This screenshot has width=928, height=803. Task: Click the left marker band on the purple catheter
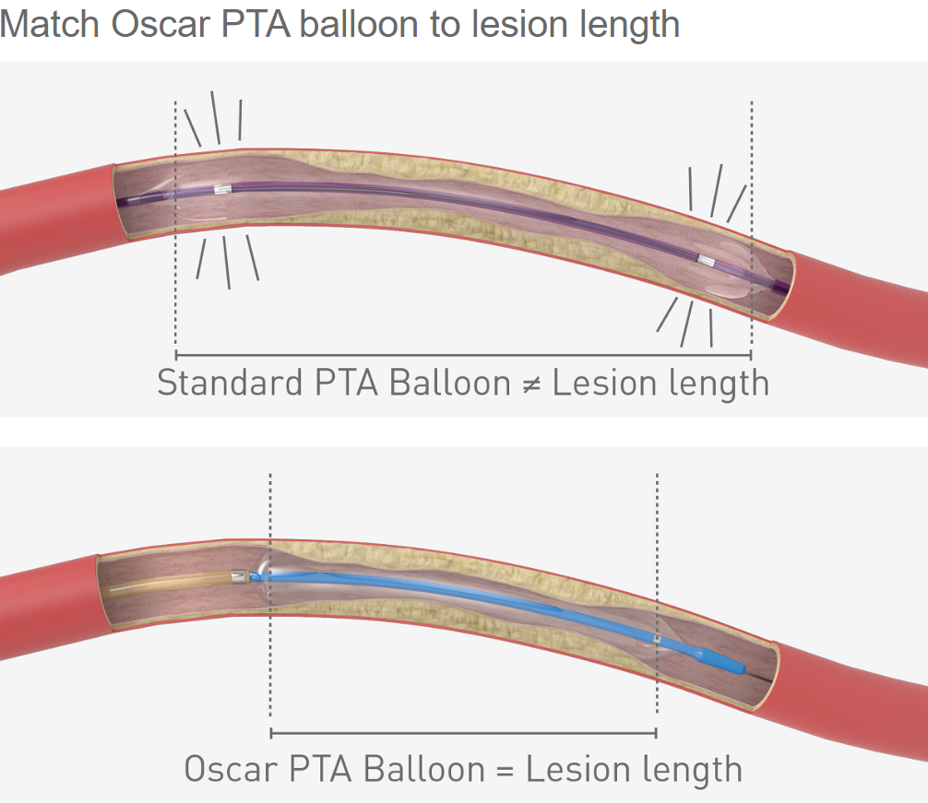click(220, 190)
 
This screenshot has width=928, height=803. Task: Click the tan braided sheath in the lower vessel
click(166, 586)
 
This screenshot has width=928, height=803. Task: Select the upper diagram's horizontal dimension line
click(462, 355)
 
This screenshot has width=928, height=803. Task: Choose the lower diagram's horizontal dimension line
click(462, 734)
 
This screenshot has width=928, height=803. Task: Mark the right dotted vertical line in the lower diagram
click(656, 553)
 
